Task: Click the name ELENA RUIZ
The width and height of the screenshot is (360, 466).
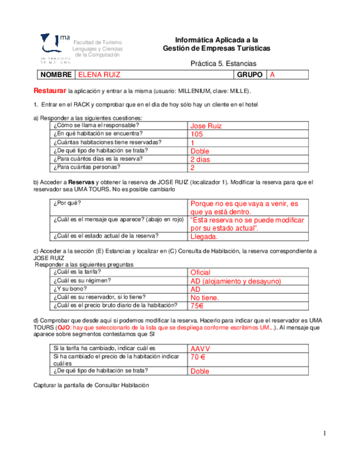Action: pos(99,75)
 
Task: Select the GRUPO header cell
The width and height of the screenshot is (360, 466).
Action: pos(249,75)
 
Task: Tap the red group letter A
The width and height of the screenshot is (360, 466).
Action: pos(272,75)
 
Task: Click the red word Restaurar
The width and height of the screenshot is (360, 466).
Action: pos(50,90)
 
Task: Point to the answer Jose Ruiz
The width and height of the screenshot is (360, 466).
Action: pos(206,126)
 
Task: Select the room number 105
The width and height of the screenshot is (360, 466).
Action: pos(197,134)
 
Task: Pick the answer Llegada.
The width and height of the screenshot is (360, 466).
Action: pos(204,237)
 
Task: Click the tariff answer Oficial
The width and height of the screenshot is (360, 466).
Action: pos(200,273)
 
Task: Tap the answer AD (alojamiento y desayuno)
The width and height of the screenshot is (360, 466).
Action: pos(235,281)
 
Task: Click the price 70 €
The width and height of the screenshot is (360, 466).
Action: pos(198,357)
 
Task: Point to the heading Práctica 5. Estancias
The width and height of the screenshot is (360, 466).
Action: pos(223,64)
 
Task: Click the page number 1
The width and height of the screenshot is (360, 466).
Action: pos(325,434)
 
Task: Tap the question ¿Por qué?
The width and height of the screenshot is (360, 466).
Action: pos(64,203)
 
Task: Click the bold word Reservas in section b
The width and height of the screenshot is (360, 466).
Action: pos(81,182)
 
